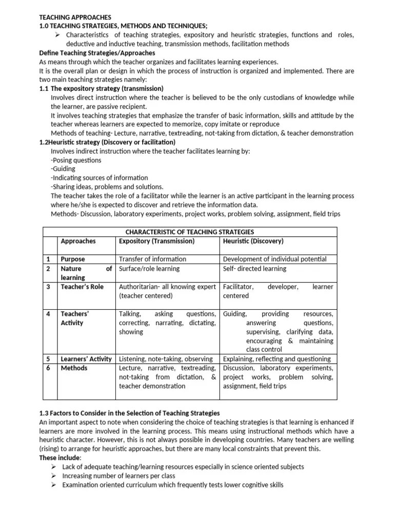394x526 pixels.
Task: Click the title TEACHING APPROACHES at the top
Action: point(75,17)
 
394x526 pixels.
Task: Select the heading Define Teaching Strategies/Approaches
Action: point(97,53)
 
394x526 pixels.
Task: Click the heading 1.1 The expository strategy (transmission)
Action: point(101,88)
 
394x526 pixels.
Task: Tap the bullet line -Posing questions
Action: point(76,160)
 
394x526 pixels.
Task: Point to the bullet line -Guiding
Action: point(63,169)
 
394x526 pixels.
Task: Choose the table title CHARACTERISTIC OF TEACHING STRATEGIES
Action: point(190,232)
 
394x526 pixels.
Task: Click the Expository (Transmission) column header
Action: point(156,241)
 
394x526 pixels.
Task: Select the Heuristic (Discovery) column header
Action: point(253,241)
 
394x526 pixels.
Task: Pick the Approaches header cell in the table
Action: point(78,241)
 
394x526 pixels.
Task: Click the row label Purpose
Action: point(73,259)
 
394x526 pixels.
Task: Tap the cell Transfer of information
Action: point(152,259)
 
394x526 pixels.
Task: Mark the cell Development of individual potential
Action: point(274,259)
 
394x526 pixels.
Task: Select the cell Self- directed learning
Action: point(254,269)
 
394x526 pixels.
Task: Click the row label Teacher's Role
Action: point(82,287)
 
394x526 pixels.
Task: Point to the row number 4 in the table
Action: point(48,314)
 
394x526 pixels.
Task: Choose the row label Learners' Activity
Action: point(86,359)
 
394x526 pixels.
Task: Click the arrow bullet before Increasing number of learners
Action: point(54,476)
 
